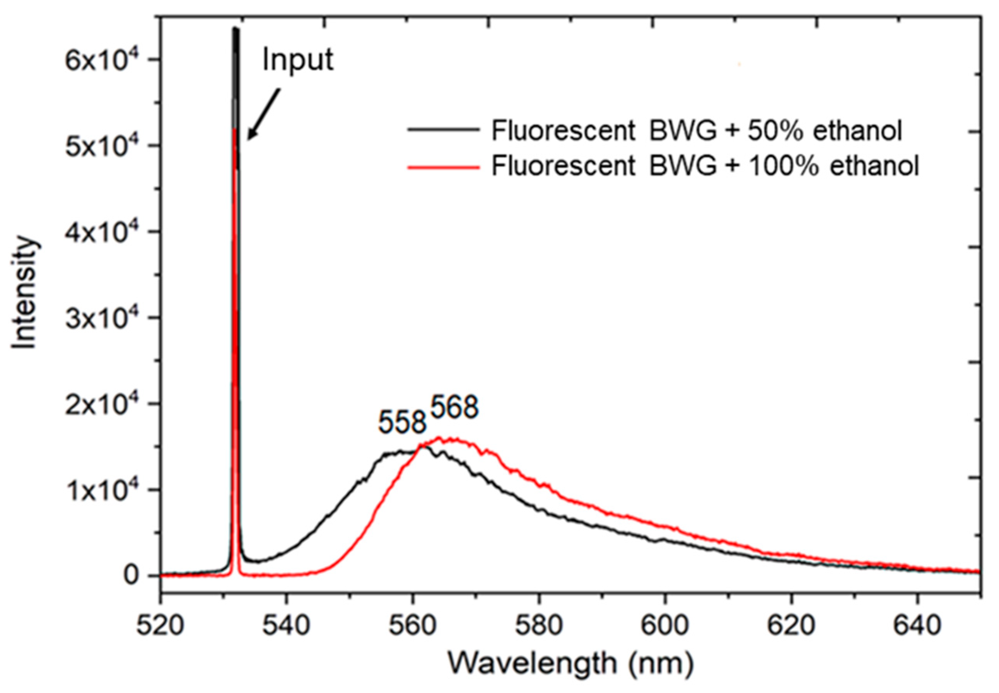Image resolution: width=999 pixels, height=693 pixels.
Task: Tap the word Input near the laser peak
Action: (x=298, y=59)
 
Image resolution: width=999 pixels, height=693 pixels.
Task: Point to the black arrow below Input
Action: (x=263, y=114)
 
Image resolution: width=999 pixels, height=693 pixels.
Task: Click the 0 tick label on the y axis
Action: (x=131, y=576)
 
